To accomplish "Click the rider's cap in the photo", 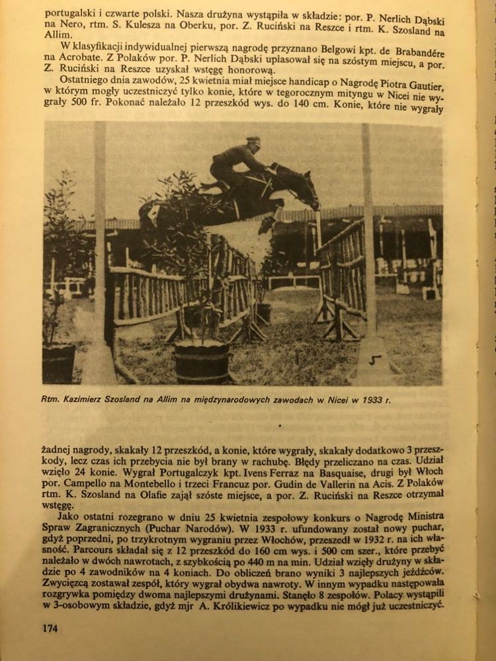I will point(253,141).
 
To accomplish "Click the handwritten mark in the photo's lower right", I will point(376,360).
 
